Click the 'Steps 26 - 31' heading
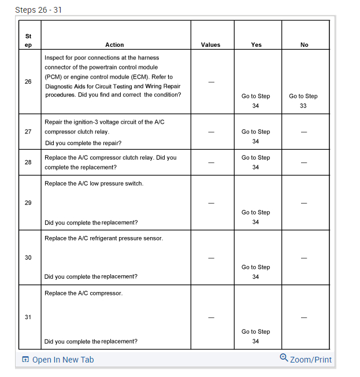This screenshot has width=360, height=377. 39,9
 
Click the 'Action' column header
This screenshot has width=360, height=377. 114,45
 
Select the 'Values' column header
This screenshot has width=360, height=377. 210,45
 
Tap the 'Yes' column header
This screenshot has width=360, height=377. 257,45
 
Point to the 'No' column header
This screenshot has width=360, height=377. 305,45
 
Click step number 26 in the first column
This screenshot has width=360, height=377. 28,82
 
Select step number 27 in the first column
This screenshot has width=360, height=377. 28,131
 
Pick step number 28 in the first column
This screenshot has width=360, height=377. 28,162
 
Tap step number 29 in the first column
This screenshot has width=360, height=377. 28,202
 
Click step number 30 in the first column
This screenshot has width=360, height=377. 28,257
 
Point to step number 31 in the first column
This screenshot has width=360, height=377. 28,317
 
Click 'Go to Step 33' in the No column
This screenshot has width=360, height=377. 303,101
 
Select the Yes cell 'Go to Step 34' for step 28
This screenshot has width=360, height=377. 256,162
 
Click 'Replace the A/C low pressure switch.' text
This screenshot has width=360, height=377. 94,183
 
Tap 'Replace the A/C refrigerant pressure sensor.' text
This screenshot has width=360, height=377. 103,238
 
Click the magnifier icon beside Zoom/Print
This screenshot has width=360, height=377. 284,358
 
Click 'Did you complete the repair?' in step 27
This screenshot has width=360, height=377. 83,142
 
